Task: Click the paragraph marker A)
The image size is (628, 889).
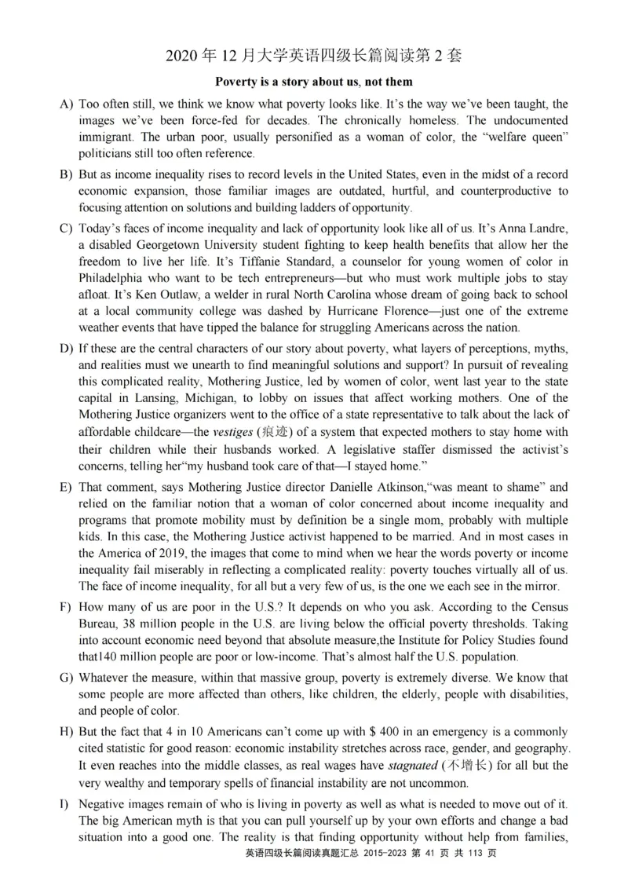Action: pos(66,104)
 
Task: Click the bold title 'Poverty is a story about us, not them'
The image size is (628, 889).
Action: pos(314,82)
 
